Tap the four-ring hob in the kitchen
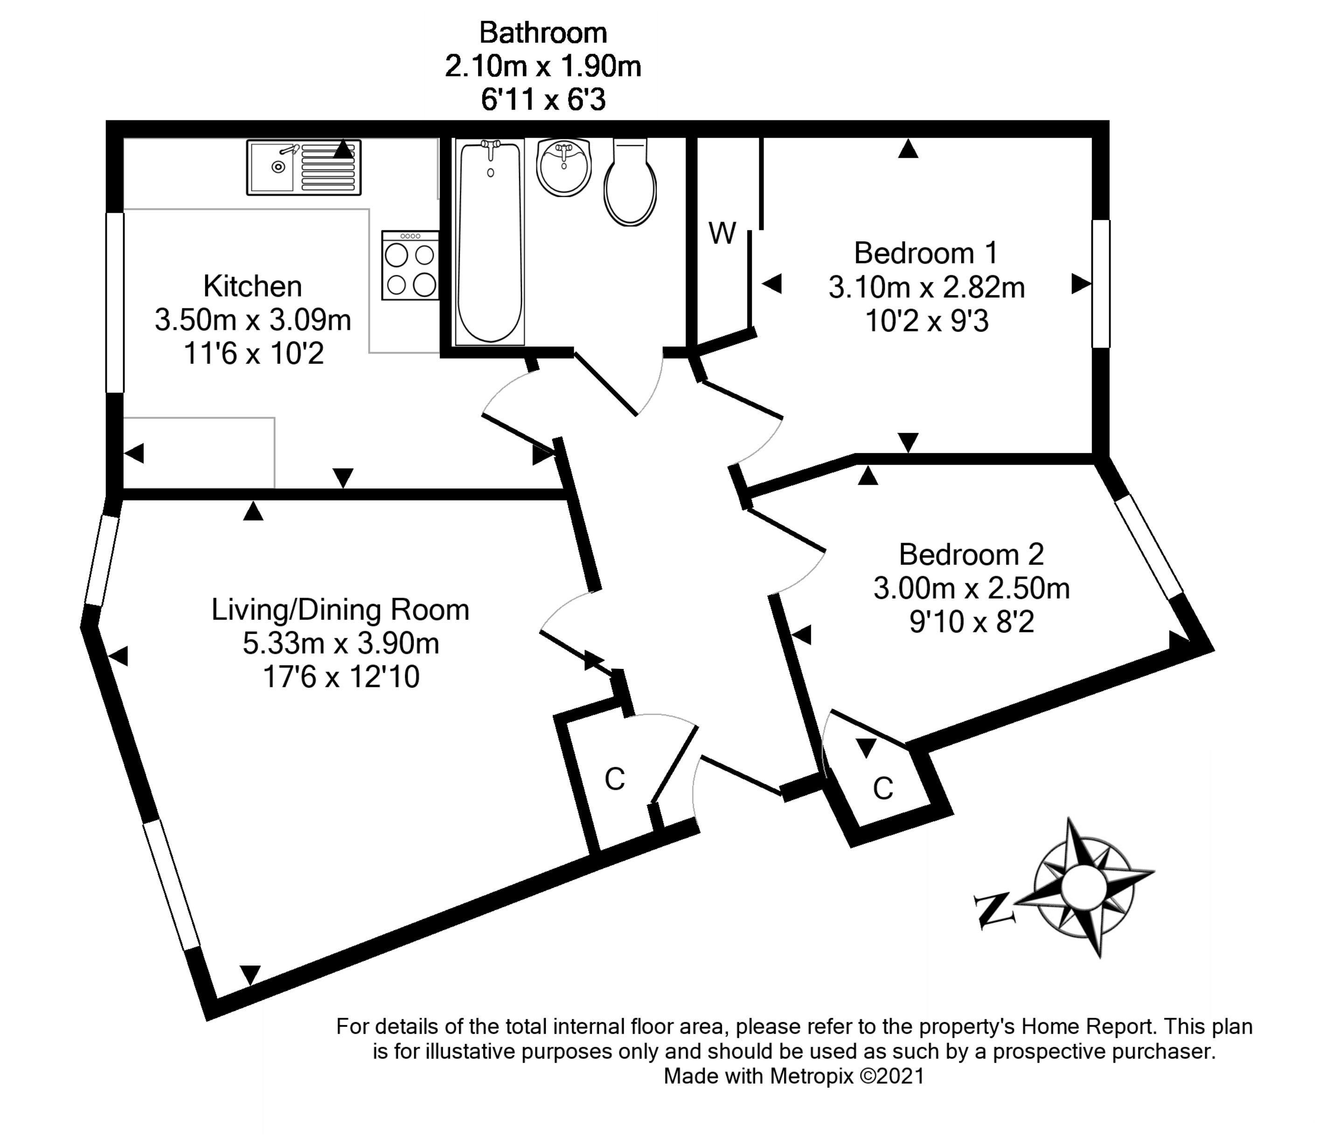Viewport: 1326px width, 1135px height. (x=410, y=265)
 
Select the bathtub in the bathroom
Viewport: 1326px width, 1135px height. (x=490, y=242)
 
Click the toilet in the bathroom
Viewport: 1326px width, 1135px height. (x=631, y=183)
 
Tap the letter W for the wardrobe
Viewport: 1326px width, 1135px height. (x=722, y=234)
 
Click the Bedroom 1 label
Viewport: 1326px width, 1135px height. (x=925, y=253)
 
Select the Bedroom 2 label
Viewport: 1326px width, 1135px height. (x=971, y=554)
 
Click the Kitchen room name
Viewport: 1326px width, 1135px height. (x=253, y=286)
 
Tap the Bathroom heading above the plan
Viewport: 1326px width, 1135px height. (x=543, y=33)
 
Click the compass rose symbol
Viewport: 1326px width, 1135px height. (x=1083, y=886)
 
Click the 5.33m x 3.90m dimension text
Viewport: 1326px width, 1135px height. (x=340, y=643)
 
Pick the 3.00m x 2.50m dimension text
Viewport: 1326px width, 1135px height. (x=971, y=588)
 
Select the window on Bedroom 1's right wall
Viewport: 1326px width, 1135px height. (x=1101, y=284)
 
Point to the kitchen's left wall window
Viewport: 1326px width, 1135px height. (x=115, y=302)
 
